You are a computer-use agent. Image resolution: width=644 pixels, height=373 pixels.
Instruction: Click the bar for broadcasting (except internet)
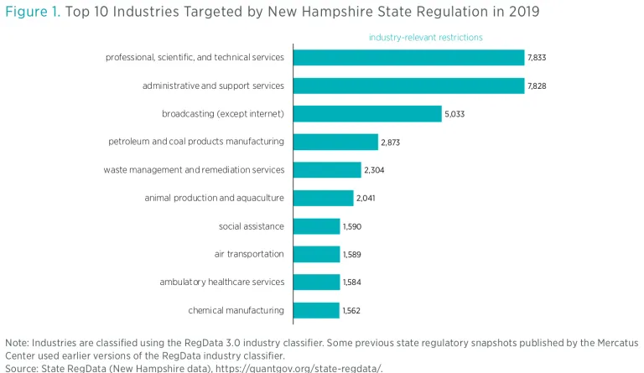point(367,114)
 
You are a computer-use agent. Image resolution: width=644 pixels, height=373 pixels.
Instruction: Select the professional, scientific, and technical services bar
point(408,58)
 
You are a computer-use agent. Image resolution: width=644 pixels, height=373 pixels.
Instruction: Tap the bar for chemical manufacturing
point(316,311)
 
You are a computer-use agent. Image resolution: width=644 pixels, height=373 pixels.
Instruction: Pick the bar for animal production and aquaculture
point(323,199)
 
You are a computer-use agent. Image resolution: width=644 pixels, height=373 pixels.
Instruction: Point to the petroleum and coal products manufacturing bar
point(335,142)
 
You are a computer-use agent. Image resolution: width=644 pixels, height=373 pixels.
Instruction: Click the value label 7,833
point(538,58)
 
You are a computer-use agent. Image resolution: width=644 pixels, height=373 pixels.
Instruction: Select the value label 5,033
point(454,114)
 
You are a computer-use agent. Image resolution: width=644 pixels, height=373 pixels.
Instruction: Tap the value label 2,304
point(374,170)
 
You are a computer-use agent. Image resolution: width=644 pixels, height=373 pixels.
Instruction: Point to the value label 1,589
point(352,255)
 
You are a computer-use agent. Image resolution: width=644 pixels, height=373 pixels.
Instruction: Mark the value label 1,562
point(352,311)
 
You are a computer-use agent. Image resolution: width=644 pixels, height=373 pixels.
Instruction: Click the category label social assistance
point(252,226)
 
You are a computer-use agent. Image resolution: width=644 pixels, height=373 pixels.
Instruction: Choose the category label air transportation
point(249,254)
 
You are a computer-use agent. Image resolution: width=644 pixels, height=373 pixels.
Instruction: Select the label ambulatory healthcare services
point(222,282)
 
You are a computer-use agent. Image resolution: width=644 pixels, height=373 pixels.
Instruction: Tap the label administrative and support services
point(213,85)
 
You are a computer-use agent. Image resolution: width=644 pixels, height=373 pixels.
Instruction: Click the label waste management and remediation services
point(194,170)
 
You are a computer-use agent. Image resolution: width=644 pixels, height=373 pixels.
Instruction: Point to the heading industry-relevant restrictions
point(426,38)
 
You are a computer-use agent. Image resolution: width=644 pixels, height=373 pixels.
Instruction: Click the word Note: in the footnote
point(17,343)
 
